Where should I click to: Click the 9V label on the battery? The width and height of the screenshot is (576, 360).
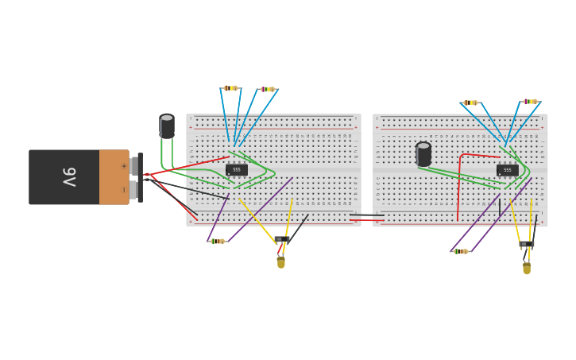(69, 177)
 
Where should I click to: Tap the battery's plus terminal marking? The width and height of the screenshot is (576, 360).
(123, 166)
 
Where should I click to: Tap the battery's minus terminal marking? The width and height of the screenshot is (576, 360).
(123, 190)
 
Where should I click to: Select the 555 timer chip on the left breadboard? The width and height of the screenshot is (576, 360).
(237, 169)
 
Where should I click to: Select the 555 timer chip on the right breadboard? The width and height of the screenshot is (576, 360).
(507, 169)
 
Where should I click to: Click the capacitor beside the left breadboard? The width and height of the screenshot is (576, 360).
(167, 126)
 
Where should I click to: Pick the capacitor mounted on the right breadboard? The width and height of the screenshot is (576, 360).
(423, 154)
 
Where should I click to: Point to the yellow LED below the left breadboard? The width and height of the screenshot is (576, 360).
(280, 261)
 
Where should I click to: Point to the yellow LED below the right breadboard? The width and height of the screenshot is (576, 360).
(526, 268)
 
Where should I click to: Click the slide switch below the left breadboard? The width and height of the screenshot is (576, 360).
(282, 239)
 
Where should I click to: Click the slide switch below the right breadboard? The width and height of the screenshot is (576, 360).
(527, 245)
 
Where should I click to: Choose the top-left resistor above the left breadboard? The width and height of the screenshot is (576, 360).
(230, 88)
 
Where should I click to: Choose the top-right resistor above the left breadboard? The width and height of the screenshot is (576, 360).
(267, 89)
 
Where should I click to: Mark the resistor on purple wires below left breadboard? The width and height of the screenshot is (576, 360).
(217, 241)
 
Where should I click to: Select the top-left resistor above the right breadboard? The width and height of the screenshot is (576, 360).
(470, 103)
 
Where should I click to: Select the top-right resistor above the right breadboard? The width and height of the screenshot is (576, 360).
(530, 102)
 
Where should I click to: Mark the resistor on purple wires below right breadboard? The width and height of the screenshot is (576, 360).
(461, 251)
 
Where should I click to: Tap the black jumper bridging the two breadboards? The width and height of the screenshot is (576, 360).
(366, 215)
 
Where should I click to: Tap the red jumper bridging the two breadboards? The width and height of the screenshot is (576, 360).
(366, 219)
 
